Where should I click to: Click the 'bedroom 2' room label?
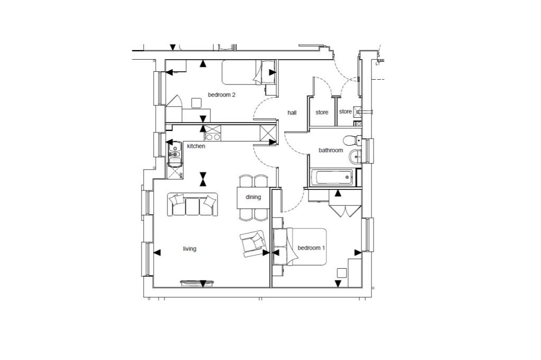click(221, 95)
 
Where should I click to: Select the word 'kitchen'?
click(196, 146)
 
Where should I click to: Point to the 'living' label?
click(190, 249)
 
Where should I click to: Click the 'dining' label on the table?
click(254, 197)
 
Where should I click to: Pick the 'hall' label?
click(292, 112)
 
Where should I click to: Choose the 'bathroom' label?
click(331, 150)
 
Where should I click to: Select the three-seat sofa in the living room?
click(193, 205)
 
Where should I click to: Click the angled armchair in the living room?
click(253, 244)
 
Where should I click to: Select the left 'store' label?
click(322, 112)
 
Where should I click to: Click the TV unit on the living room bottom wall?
click(198, 283)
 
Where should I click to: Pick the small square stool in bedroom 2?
click(197, 102)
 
